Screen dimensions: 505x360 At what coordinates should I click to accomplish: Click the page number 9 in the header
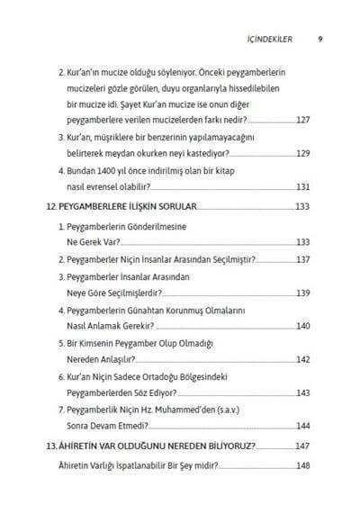[x=319, y=39]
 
